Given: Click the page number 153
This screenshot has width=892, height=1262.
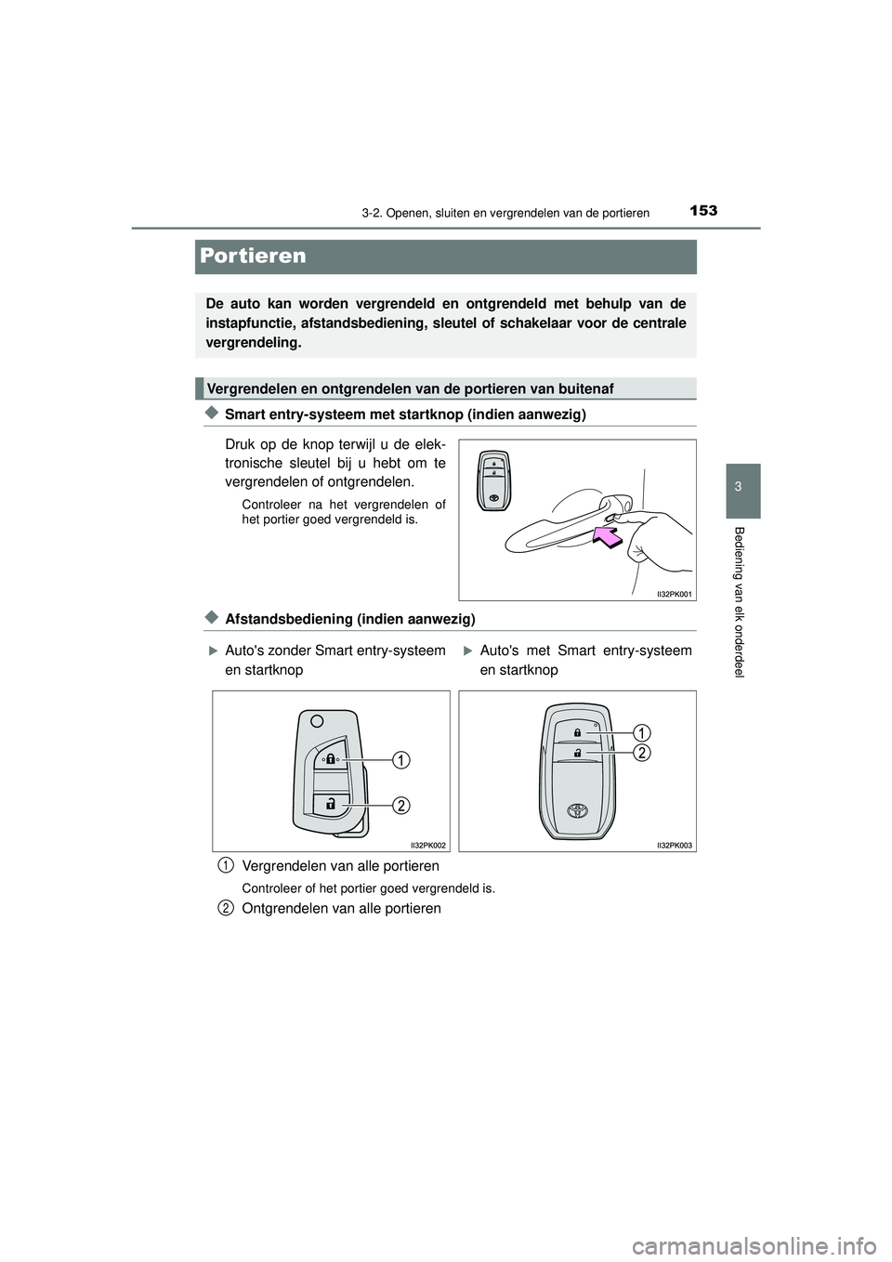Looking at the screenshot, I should tap(703, 213).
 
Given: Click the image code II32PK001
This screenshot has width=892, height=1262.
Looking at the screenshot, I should tap(670, 593).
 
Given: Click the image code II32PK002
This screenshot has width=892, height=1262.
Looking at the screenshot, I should tap(428, 844).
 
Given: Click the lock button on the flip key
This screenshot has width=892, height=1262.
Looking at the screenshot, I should tap(330, 758).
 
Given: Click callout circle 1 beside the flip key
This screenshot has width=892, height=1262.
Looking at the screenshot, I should tap(399, 761).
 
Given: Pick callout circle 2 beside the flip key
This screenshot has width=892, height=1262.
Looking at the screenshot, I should tap(399, 805).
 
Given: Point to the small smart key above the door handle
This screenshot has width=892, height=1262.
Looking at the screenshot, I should tap(493, 480).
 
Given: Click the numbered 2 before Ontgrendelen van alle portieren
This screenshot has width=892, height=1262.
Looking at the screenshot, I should tap(227, 908).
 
